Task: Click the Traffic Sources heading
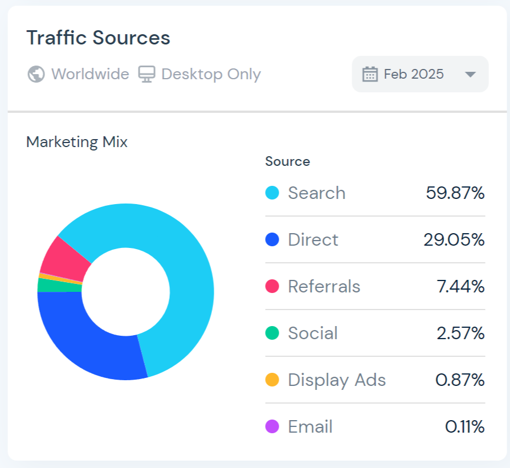point(98,38)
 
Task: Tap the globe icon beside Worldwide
point(36,74)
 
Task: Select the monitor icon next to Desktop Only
point(146,74)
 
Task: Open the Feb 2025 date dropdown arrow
point(470,74)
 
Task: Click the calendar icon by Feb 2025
point(370,74)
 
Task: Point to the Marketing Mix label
point(77,142)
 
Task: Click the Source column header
point(287,161)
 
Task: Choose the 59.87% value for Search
point(455,193)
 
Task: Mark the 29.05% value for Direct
point(454,240)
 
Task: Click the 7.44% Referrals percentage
point(460,287)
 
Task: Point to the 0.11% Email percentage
point(464,427)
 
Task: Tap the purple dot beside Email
point(272,426)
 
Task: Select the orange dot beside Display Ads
point(272,380)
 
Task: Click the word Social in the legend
point(312,333)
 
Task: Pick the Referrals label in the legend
point(324,287)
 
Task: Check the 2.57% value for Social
point(460,333)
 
